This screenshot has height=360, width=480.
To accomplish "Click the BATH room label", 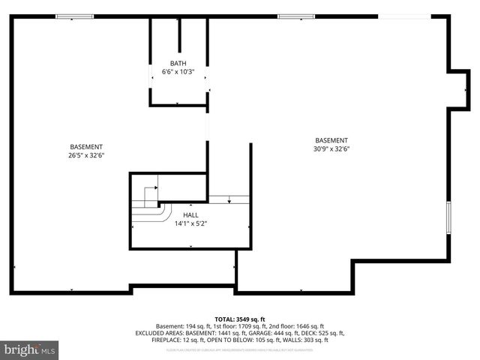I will (x=178, y=64).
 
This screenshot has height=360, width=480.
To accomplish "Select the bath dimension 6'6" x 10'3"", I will (x=178, y=72).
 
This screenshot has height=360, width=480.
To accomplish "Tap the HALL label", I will (x=190, y=214).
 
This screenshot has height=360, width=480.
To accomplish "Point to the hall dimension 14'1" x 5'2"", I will (x=190, y=223).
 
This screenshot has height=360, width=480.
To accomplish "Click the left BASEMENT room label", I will (x=86, y=147).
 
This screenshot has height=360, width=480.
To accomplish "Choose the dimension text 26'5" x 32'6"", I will (x=86, y=156).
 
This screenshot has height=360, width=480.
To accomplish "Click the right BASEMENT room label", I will (x=331, y=140).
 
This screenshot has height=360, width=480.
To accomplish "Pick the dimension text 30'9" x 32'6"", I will (x=331, y=149).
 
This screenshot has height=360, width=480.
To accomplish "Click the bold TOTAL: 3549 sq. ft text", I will (x=240, y=319).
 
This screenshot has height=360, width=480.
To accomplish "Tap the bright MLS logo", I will (x=30, y=349).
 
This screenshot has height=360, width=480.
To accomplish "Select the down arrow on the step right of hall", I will (x=228, y=199).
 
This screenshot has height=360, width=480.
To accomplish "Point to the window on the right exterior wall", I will (x=448, y=217).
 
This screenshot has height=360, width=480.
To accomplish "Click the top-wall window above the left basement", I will (x=75, y=16).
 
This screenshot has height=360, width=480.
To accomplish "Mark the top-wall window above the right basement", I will (x=295, y=16).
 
